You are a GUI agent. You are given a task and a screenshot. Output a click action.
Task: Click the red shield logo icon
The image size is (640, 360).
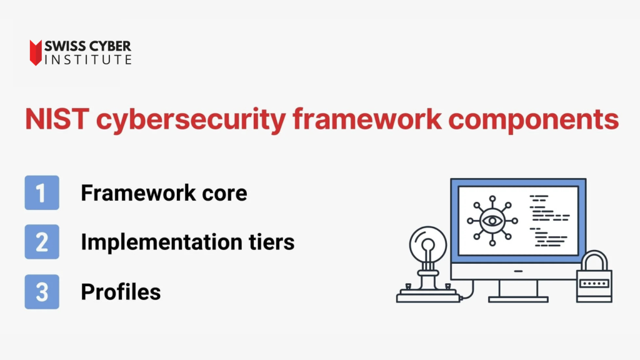click(x=36, y=52)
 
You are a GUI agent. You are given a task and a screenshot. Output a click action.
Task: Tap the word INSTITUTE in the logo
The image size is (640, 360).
click(x=88, y=60)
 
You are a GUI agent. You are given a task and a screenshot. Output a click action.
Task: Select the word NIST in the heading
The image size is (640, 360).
click(x=57, y=119)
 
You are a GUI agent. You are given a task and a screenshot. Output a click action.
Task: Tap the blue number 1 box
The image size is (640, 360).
click(x=42, y=192)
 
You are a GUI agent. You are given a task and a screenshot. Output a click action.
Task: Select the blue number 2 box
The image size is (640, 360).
click(x=42, y=242)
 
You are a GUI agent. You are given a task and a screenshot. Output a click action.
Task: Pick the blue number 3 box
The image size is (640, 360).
click(x=42, y=291)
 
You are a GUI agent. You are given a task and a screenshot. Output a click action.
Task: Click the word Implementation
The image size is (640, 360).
click(x=162, y=242)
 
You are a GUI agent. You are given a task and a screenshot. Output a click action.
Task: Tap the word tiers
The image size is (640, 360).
click(x=271, y=242)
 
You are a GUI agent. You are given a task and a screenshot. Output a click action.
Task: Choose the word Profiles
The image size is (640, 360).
click(x=121, y=292)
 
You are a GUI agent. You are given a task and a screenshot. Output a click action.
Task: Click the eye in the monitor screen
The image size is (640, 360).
click(x=492, y=221)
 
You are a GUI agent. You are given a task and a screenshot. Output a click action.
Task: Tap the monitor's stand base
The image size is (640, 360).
click(x=518, y=299)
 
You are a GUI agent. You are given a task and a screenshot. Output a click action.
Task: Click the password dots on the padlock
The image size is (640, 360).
click(x=594, y=283)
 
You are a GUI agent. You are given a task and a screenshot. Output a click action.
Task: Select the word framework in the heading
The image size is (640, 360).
click(x=367, y=119)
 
